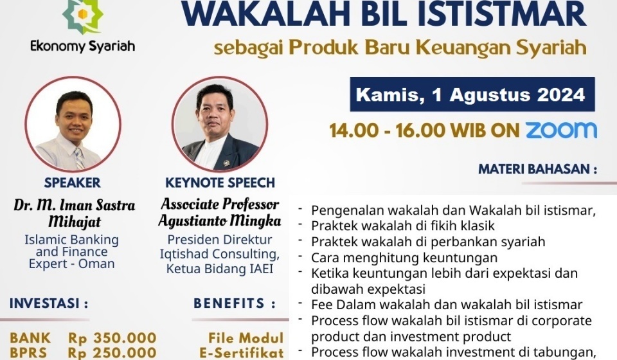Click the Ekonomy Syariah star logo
pyautogui.click(x=82, y=17)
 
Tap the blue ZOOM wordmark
pyautogui.click(x=561, y=130)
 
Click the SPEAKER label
pyautogui.click(x=73, y=183)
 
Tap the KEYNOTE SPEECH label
pyautogui.click(x=220, y=183)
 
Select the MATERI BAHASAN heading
pyautogui.click(x=537, y=170)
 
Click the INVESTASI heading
pyautogui.click(x=49, y=303)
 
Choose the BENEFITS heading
pyautogui.click(x=235, y=303)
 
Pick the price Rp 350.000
pyautogui.click(x=112, y=337)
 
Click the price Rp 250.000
pyautogui.click(x=112, y=353)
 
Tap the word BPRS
pyautogui.click(x=30, y=353)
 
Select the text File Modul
pyautogui.click(x=246, y=337)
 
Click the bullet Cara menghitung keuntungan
pyautogui.click(x=404, y=258)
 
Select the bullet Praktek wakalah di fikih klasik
pyautogui.click(x=412, y=226)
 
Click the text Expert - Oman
pyautogui.click(x=71, y=264)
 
